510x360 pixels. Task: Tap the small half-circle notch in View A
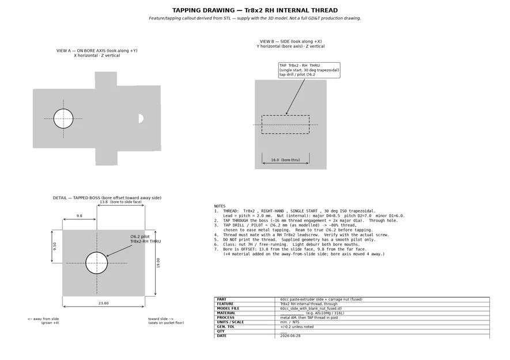pyautogui.click(x=141, y=119)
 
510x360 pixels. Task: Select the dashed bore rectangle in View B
pyautogui.click(x=286, y=115)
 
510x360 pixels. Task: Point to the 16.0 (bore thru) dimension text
pyautogui.click(x=286, y=160)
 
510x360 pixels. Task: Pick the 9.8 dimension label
pyautogui.click(x=80, y=216)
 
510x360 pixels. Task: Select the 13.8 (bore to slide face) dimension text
pyautogui.click(x=120, y=202)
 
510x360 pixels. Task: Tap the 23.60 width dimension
pyautogui.click(x=103, y=304)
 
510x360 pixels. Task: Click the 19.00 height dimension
pyautogui.click(x=158, y=263)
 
